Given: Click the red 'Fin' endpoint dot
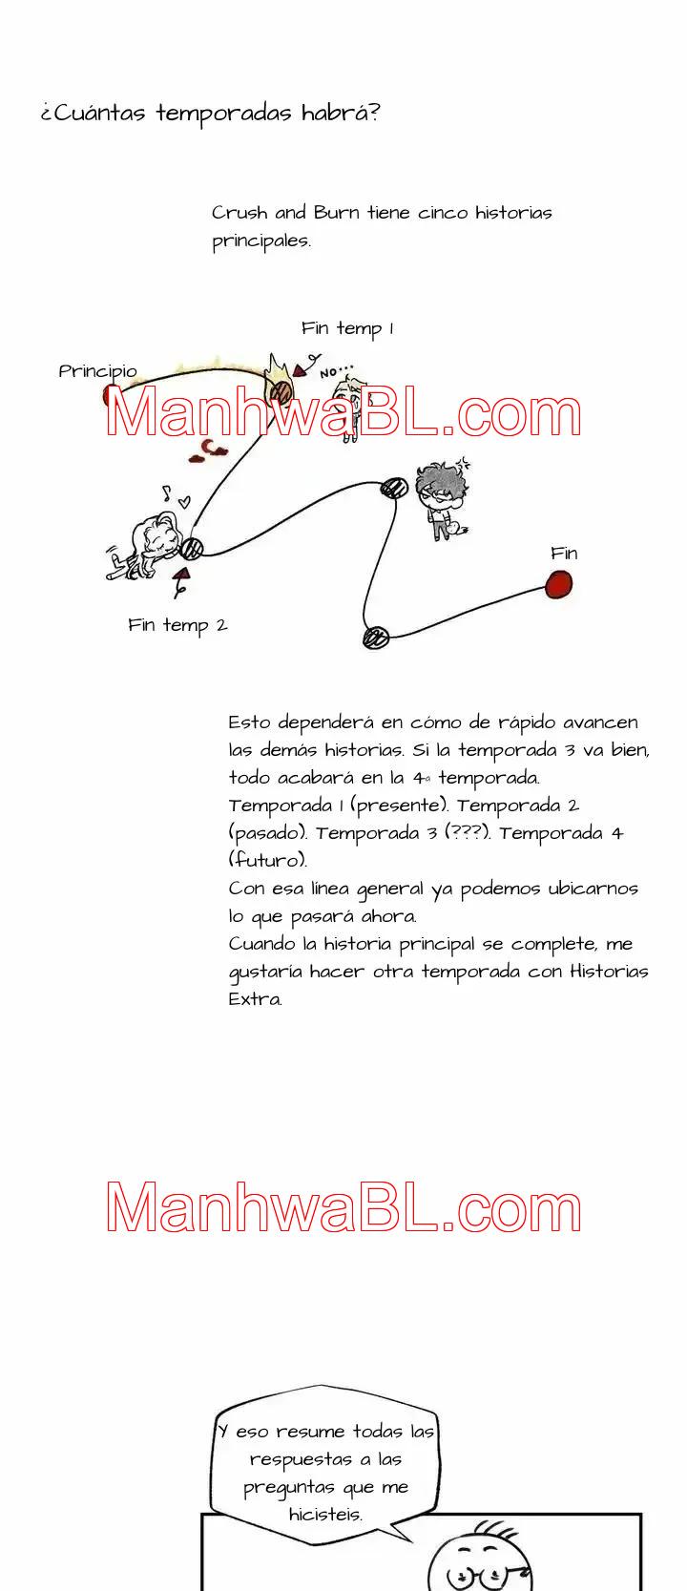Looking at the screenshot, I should click(x=559, y=584).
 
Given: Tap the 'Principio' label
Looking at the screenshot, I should click(x=97, y=371).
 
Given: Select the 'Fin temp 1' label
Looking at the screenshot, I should click(x=347, y=329).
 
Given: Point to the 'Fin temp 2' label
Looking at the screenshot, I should click(x=177, y=626).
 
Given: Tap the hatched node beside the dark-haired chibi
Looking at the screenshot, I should click(x=394, y=489).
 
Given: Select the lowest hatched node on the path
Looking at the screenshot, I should click(x=376, y=638).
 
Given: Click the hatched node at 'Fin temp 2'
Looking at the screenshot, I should click(x=193, y=548).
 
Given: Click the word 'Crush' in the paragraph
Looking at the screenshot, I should click(x=239, y=213).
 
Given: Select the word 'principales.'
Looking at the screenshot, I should click(x=261, y=241).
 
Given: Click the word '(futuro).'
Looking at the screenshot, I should click(x=268, y=861).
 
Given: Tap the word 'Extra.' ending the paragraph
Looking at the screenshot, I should click(x=255, y=999).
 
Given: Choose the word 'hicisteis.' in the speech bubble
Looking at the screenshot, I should click(x=325, y=1515).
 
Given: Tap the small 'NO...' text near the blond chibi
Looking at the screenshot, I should click(x=336, y=371).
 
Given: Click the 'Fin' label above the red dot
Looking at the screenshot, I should click(x=564, y=554).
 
